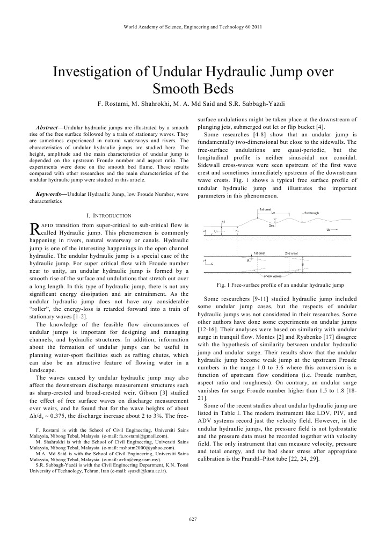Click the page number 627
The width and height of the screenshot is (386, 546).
point(193,519)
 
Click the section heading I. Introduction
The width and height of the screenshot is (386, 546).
point(109,215)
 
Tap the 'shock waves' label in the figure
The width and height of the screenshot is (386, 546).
point(272,275)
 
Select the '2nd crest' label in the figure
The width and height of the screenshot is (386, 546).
point(291,252)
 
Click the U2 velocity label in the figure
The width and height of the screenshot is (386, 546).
point(328,230)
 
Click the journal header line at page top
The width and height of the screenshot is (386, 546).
point(193,26)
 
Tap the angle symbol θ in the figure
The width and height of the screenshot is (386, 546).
point(247,260)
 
